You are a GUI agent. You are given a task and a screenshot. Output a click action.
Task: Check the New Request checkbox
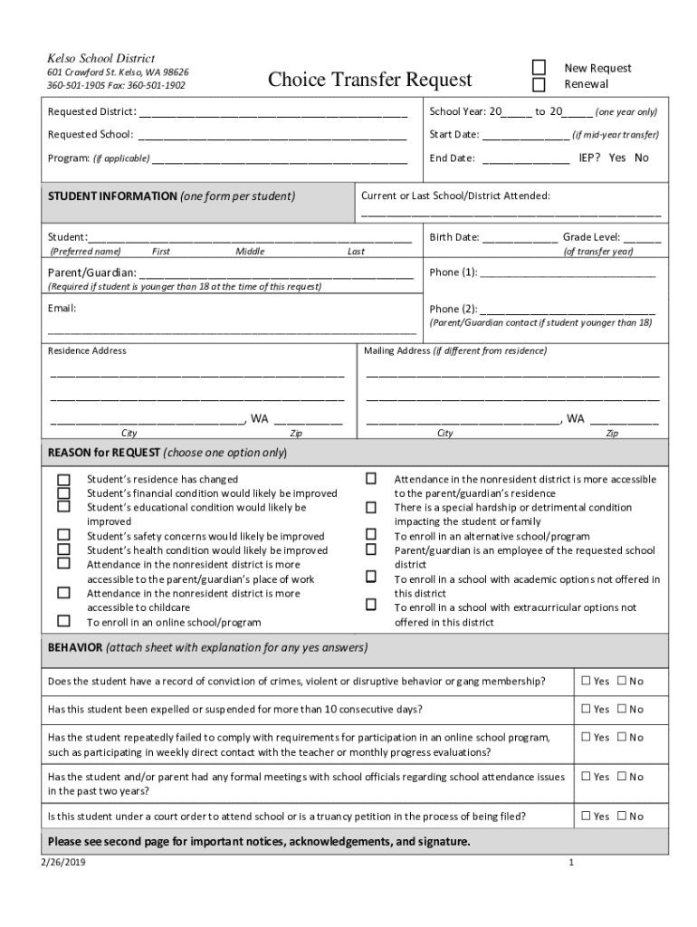click(539, 68)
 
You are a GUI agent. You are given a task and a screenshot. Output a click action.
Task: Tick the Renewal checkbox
click(539, 85)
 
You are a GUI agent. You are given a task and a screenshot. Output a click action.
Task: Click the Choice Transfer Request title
click(369, 80)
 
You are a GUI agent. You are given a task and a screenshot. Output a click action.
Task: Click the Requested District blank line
click(272, 115)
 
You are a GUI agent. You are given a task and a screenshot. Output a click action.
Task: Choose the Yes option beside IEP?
click(617, 158)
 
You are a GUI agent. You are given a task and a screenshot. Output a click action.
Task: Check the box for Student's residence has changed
click(64, 479)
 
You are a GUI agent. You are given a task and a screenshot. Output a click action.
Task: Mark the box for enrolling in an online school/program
click(64, 621)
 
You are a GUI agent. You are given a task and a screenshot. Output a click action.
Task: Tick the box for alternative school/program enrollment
click(371, 535)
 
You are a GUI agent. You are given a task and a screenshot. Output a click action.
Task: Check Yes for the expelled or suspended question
click(587, 709)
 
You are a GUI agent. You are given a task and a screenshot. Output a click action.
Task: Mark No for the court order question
click(622, 817)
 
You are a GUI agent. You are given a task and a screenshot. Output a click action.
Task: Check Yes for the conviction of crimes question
click(587, 681)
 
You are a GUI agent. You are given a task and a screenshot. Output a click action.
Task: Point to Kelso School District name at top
click(100, 58)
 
